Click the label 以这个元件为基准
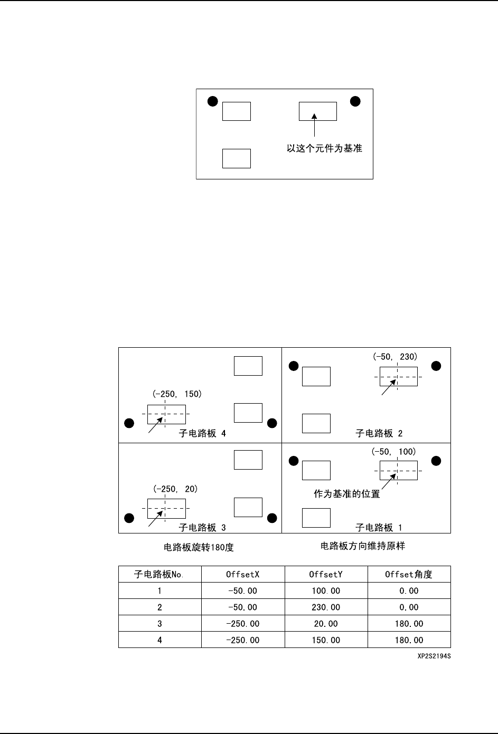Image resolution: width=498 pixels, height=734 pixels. pos(324,149)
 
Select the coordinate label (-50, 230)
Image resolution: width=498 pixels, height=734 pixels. pos(395,357)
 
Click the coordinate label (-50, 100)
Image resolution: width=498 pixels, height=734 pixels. pos(394,452)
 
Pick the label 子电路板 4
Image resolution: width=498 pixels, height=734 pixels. pos(202,434)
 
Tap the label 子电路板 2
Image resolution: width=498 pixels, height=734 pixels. pos(379,434)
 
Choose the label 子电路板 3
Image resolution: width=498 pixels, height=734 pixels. pos(202,527)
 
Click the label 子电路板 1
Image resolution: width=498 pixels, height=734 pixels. pos(379,527)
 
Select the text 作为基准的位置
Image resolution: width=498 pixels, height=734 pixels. pos(346,494)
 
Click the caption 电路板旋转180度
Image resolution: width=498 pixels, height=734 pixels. pos(199,548)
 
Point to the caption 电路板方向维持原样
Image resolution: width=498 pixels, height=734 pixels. pos(362,546)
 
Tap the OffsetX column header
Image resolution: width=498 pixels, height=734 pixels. pos(242,574)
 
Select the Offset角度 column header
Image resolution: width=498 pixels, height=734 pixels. pos(409,574)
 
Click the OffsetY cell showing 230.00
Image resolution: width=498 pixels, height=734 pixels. pos(326,607)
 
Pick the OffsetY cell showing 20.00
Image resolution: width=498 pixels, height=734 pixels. pos(326,624)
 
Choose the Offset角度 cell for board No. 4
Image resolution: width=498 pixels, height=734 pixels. pos(409,640)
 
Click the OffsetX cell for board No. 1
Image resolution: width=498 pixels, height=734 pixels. pos(242,591)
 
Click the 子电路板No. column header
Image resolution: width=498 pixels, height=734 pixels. pos(159,574)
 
